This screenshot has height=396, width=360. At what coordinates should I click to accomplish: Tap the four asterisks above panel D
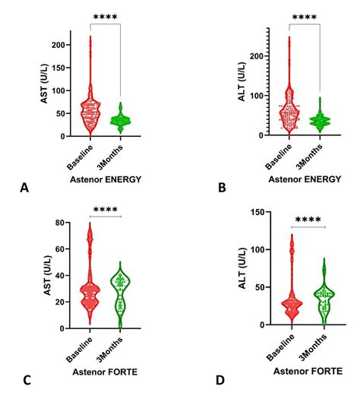pyautogui.click(x=308, y=221)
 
